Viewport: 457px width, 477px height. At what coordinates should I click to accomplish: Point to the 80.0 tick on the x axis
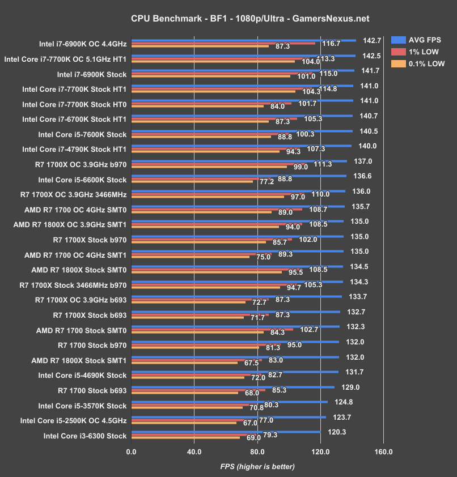coord(257,452)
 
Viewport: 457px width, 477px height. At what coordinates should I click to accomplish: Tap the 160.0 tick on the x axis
coord(383,452)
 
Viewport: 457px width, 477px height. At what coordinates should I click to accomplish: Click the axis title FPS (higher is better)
coord(257,467)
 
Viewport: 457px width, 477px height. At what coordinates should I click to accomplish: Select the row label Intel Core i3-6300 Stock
coord(84,436)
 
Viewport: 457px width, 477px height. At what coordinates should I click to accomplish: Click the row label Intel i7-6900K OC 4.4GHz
coord(84,44)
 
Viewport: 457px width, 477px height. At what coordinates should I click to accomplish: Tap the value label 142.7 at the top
coord(371,41)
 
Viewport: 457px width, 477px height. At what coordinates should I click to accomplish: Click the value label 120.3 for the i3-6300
coord(336,432)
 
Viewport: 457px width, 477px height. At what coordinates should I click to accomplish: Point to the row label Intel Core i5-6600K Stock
coord(82,180)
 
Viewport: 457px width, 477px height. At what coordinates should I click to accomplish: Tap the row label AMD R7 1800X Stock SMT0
coord(79,270)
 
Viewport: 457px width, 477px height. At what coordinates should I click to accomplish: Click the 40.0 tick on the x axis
coord(194,452)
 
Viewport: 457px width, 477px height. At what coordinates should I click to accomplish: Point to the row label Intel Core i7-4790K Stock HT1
coord(74,149)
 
